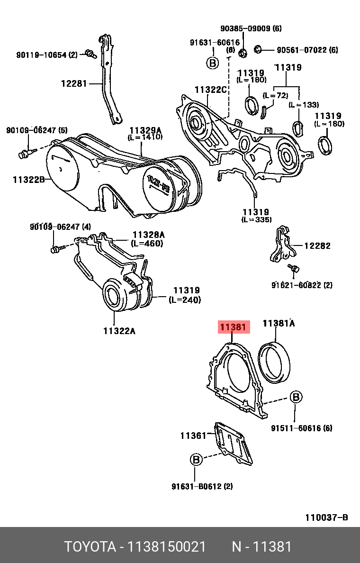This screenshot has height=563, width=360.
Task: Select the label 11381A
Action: pos(279,324)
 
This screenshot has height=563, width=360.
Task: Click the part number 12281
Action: pos(74,84)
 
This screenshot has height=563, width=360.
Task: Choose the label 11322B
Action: pos(28,180)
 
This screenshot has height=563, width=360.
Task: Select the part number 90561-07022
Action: pos(302,50)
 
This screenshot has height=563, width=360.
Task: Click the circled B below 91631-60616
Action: pos(212,63)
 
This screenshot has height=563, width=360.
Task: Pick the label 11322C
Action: pos(211,90)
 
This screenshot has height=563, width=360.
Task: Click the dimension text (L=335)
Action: pos(256,220)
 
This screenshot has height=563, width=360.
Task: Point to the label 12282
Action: pos(317,246)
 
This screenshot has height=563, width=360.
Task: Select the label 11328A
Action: pos(148,235)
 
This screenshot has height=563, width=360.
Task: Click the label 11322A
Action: pos(119,331)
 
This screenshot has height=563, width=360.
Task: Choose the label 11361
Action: pos(193,435)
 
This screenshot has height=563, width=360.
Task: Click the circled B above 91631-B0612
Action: pos(196,459)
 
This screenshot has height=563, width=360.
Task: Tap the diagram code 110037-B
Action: pos(326,518)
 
